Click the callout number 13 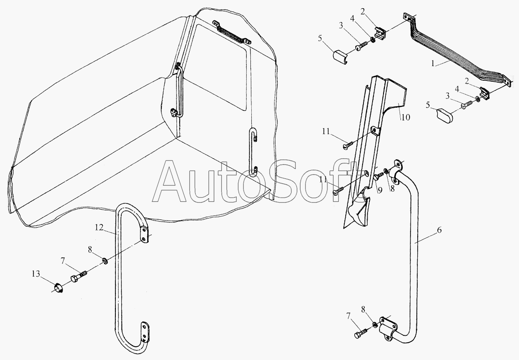36,274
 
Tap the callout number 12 99,228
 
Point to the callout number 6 439,230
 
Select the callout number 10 406,117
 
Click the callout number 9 380,190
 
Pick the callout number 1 433,63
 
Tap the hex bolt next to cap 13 79,276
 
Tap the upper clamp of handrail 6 396,171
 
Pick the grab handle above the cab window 232,32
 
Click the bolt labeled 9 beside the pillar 377,177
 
